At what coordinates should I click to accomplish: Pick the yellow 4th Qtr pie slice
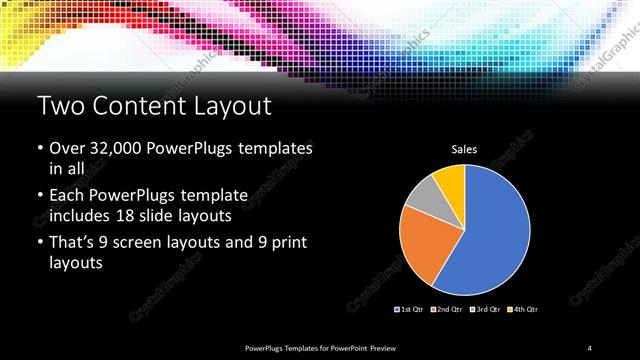click(450, 180)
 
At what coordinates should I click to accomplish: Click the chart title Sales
click(464, 150)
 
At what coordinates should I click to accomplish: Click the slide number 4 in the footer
click(589, 347)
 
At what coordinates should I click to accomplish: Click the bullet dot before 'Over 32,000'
click(39, 149)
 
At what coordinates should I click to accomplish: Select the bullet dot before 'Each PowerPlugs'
click(39, 194)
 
